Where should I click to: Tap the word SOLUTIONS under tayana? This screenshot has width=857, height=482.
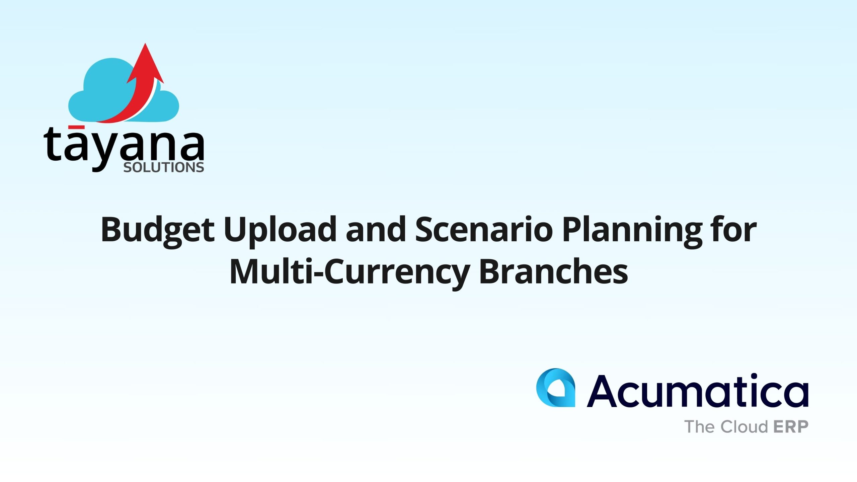click(x=164, y=167)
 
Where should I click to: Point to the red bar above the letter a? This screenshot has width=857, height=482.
click(x=76, y=127)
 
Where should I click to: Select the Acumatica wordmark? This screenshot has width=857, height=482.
click(x=698, y=391)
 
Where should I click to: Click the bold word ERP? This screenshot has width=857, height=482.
click(x=791, y=427)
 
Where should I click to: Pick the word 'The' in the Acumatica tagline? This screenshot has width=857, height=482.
click(x=700, y=427)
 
